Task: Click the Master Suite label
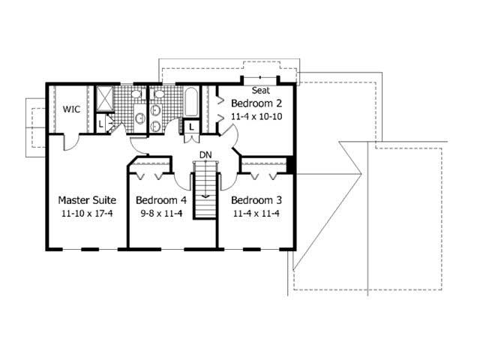tap(87, 200)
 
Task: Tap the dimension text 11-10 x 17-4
tap(87, 214)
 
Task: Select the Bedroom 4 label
tap(160, 200)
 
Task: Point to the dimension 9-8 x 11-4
tap(160, 214)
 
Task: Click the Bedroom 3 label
tap(256, 200)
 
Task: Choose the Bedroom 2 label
tap(256, 103)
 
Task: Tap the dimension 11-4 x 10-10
tap(256, 116)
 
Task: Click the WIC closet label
tap(71, 109)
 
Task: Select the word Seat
tap(261, 91)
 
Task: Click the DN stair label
tap(205, 155)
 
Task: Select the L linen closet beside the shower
tap(101, 124)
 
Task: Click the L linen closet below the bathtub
tap(192, 128)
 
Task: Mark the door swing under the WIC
tap(70, 143)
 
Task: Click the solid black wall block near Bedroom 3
tap(292, 166)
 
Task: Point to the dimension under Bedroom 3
tap(256, 214)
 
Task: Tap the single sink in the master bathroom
tap(139, 117)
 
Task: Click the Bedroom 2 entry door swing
tap(229, 137)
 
